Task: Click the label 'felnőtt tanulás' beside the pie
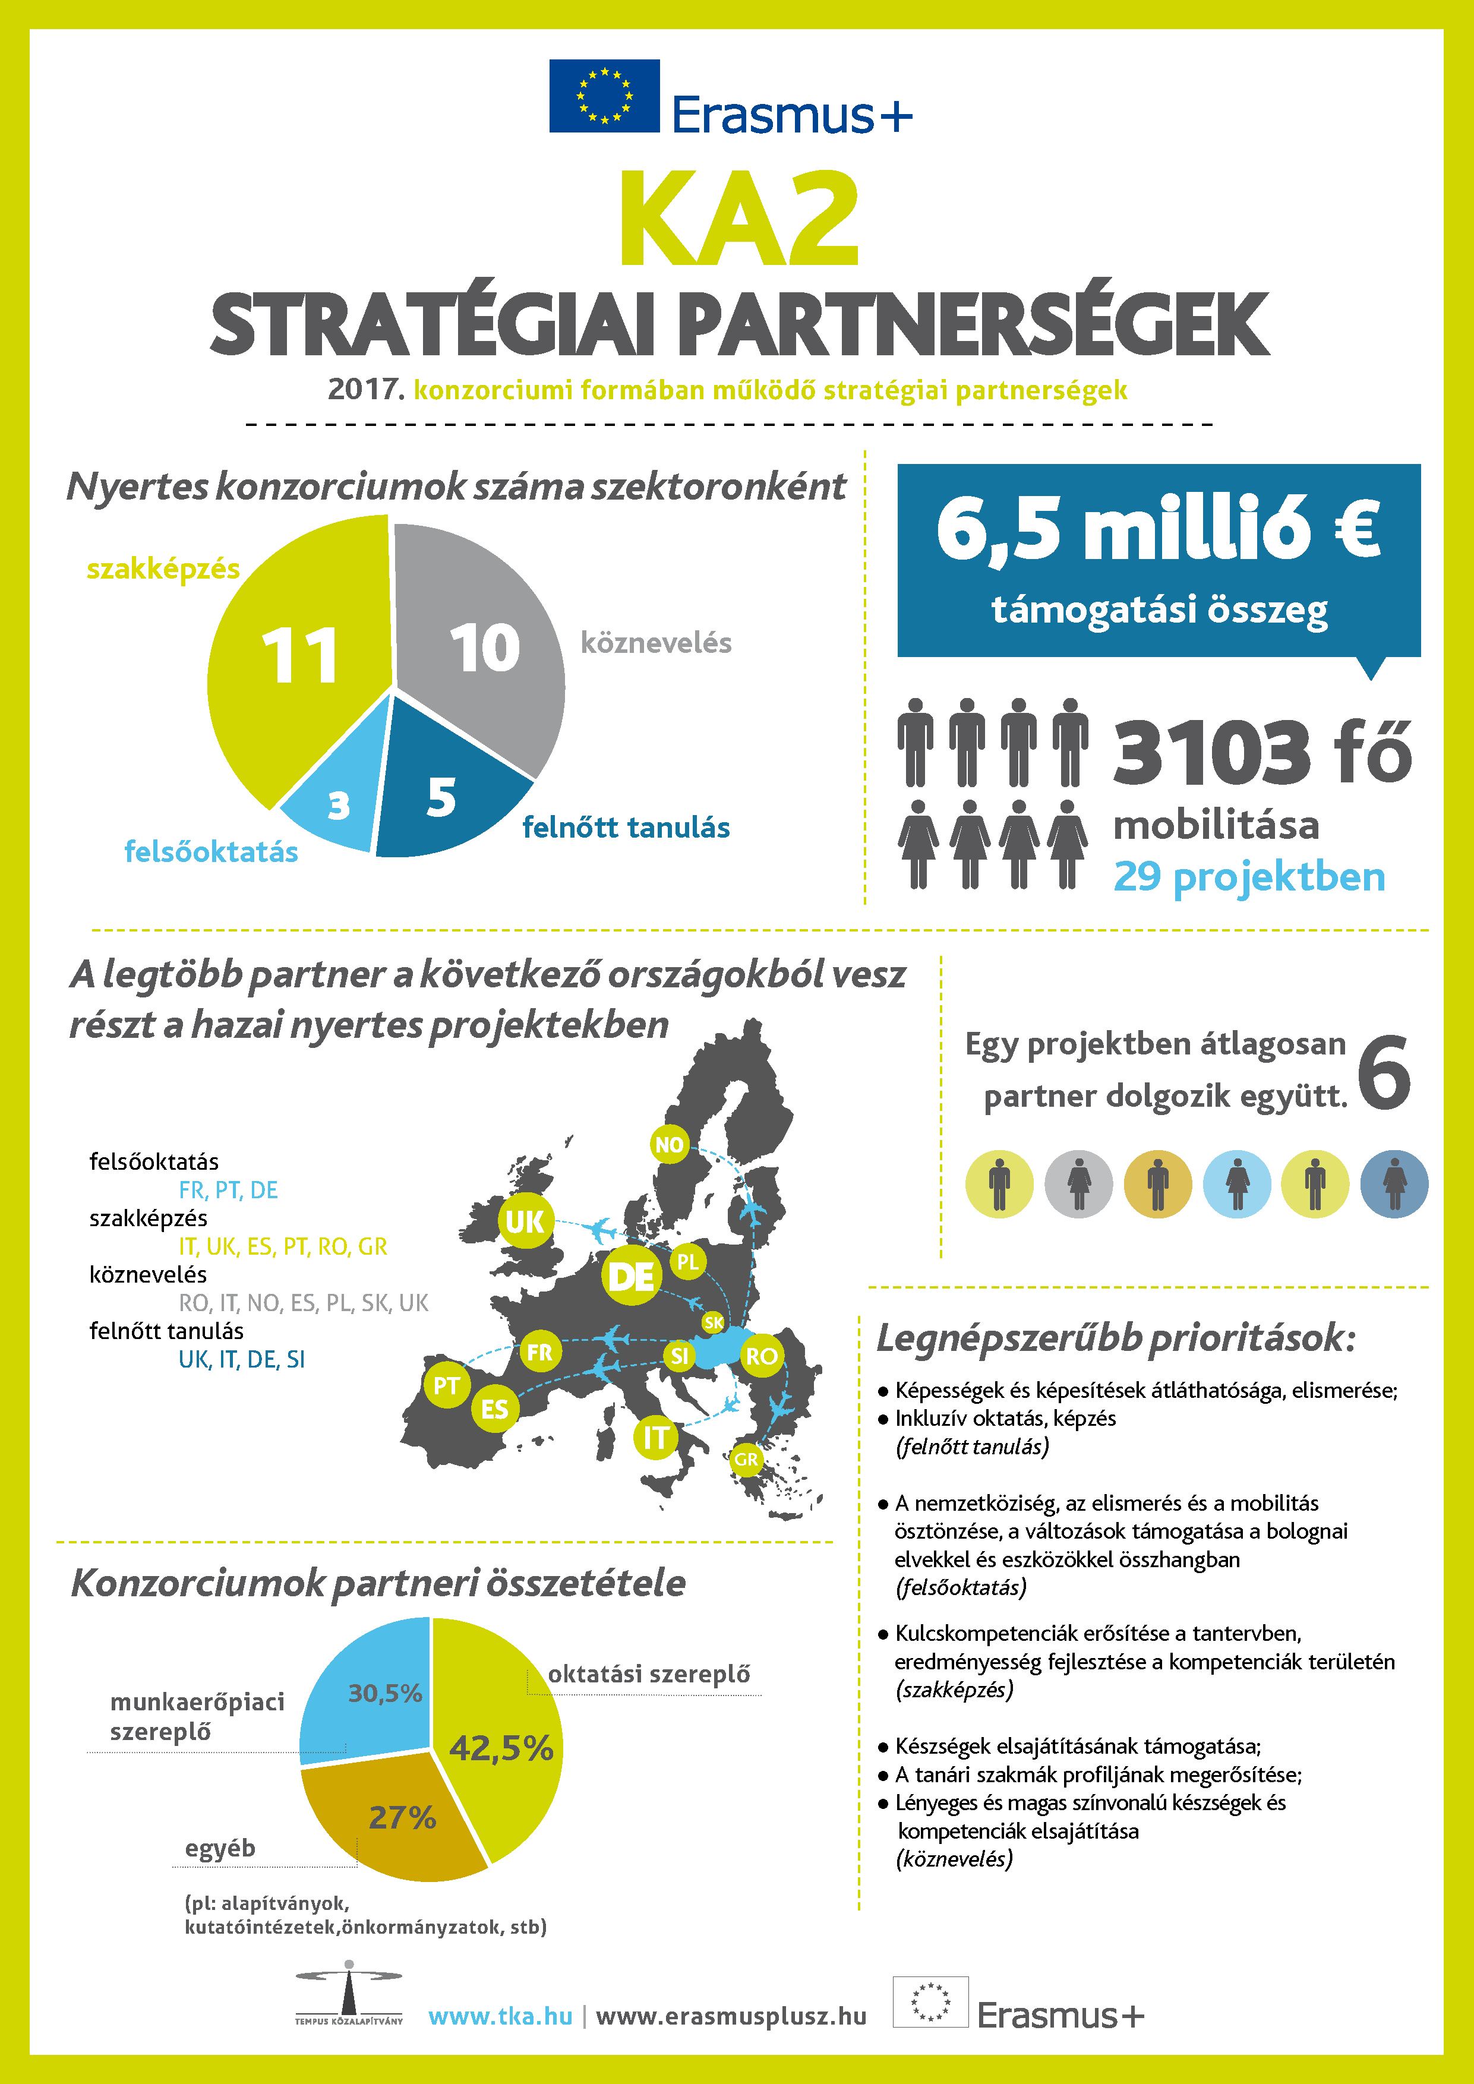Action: click(x=626, y=828)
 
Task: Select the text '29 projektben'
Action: click(x=1249, y=877)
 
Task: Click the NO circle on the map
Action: click(x=669, y=1145)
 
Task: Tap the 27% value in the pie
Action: click(x=402, y=1818)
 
